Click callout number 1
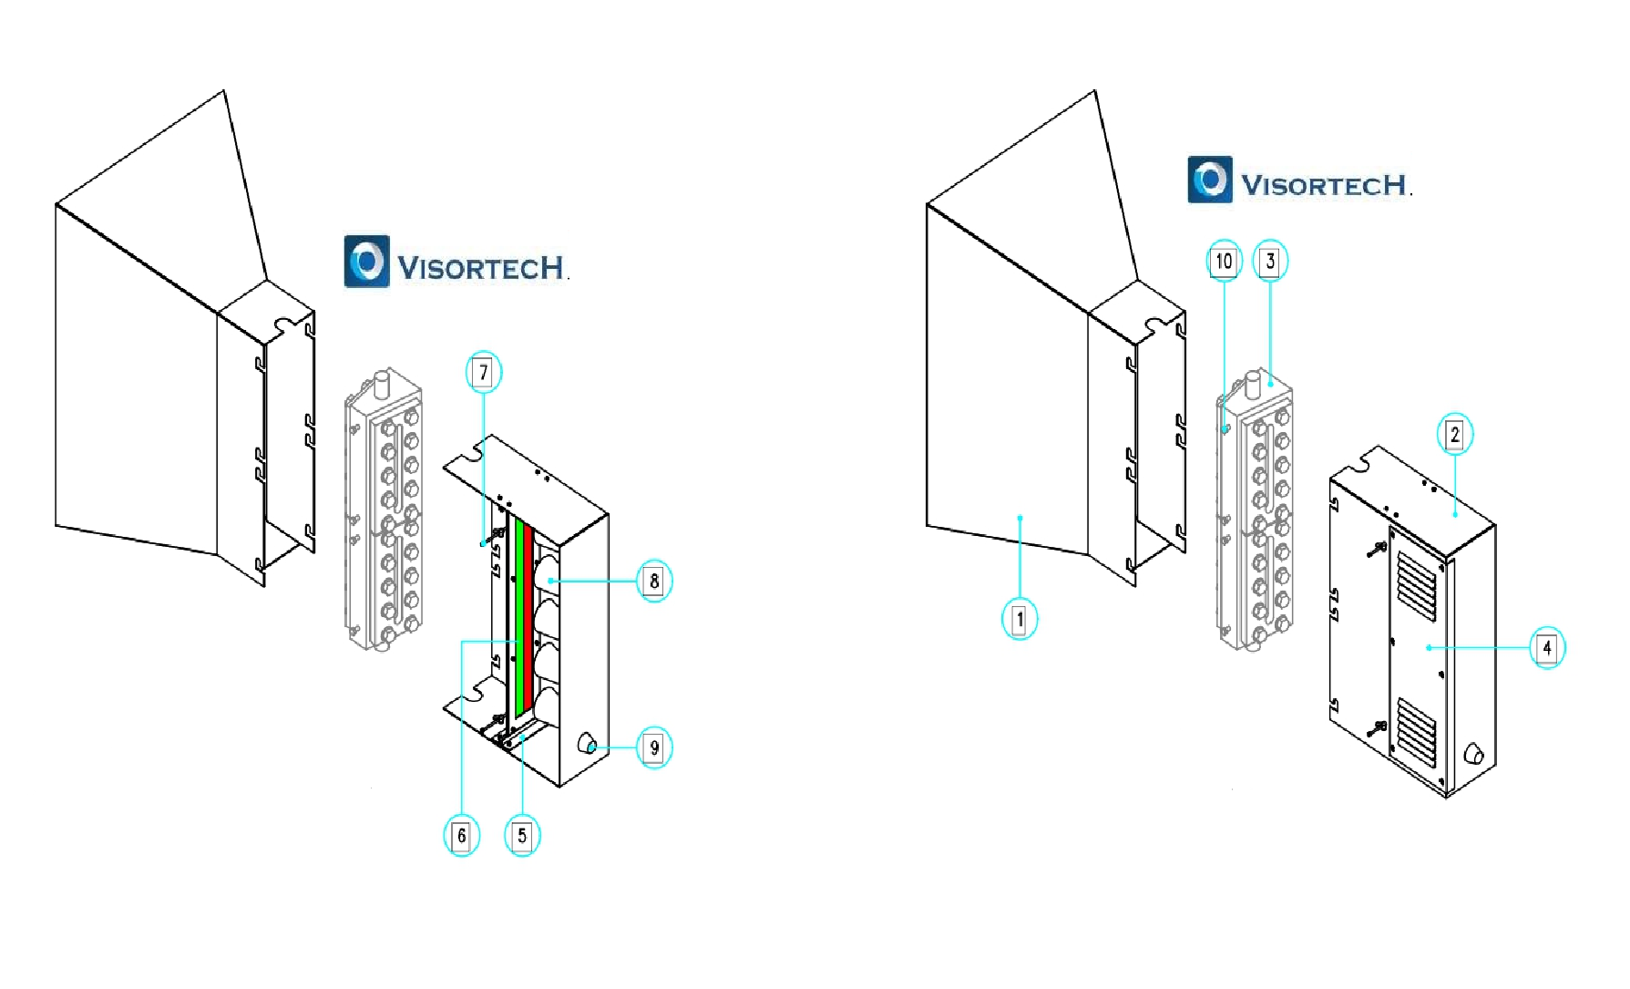1020,620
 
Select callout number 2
1454,435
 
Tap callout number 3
1270,262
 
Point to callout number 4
1546,648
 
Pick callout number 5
522,836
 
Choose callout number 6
461,836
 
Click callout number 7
484,372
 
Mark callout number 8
654,581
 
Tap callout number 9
654,748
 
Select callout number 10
1224,262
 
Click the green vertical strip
519,620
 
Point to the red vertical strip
528,620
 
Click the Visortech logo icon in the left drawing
366,262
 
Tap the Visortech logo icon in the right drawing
1210,180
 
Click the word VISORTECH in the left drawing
481,268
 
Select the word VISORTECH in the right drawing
1325,186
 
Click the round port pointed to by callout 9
587,745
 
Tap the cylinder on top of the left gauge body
384,381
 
